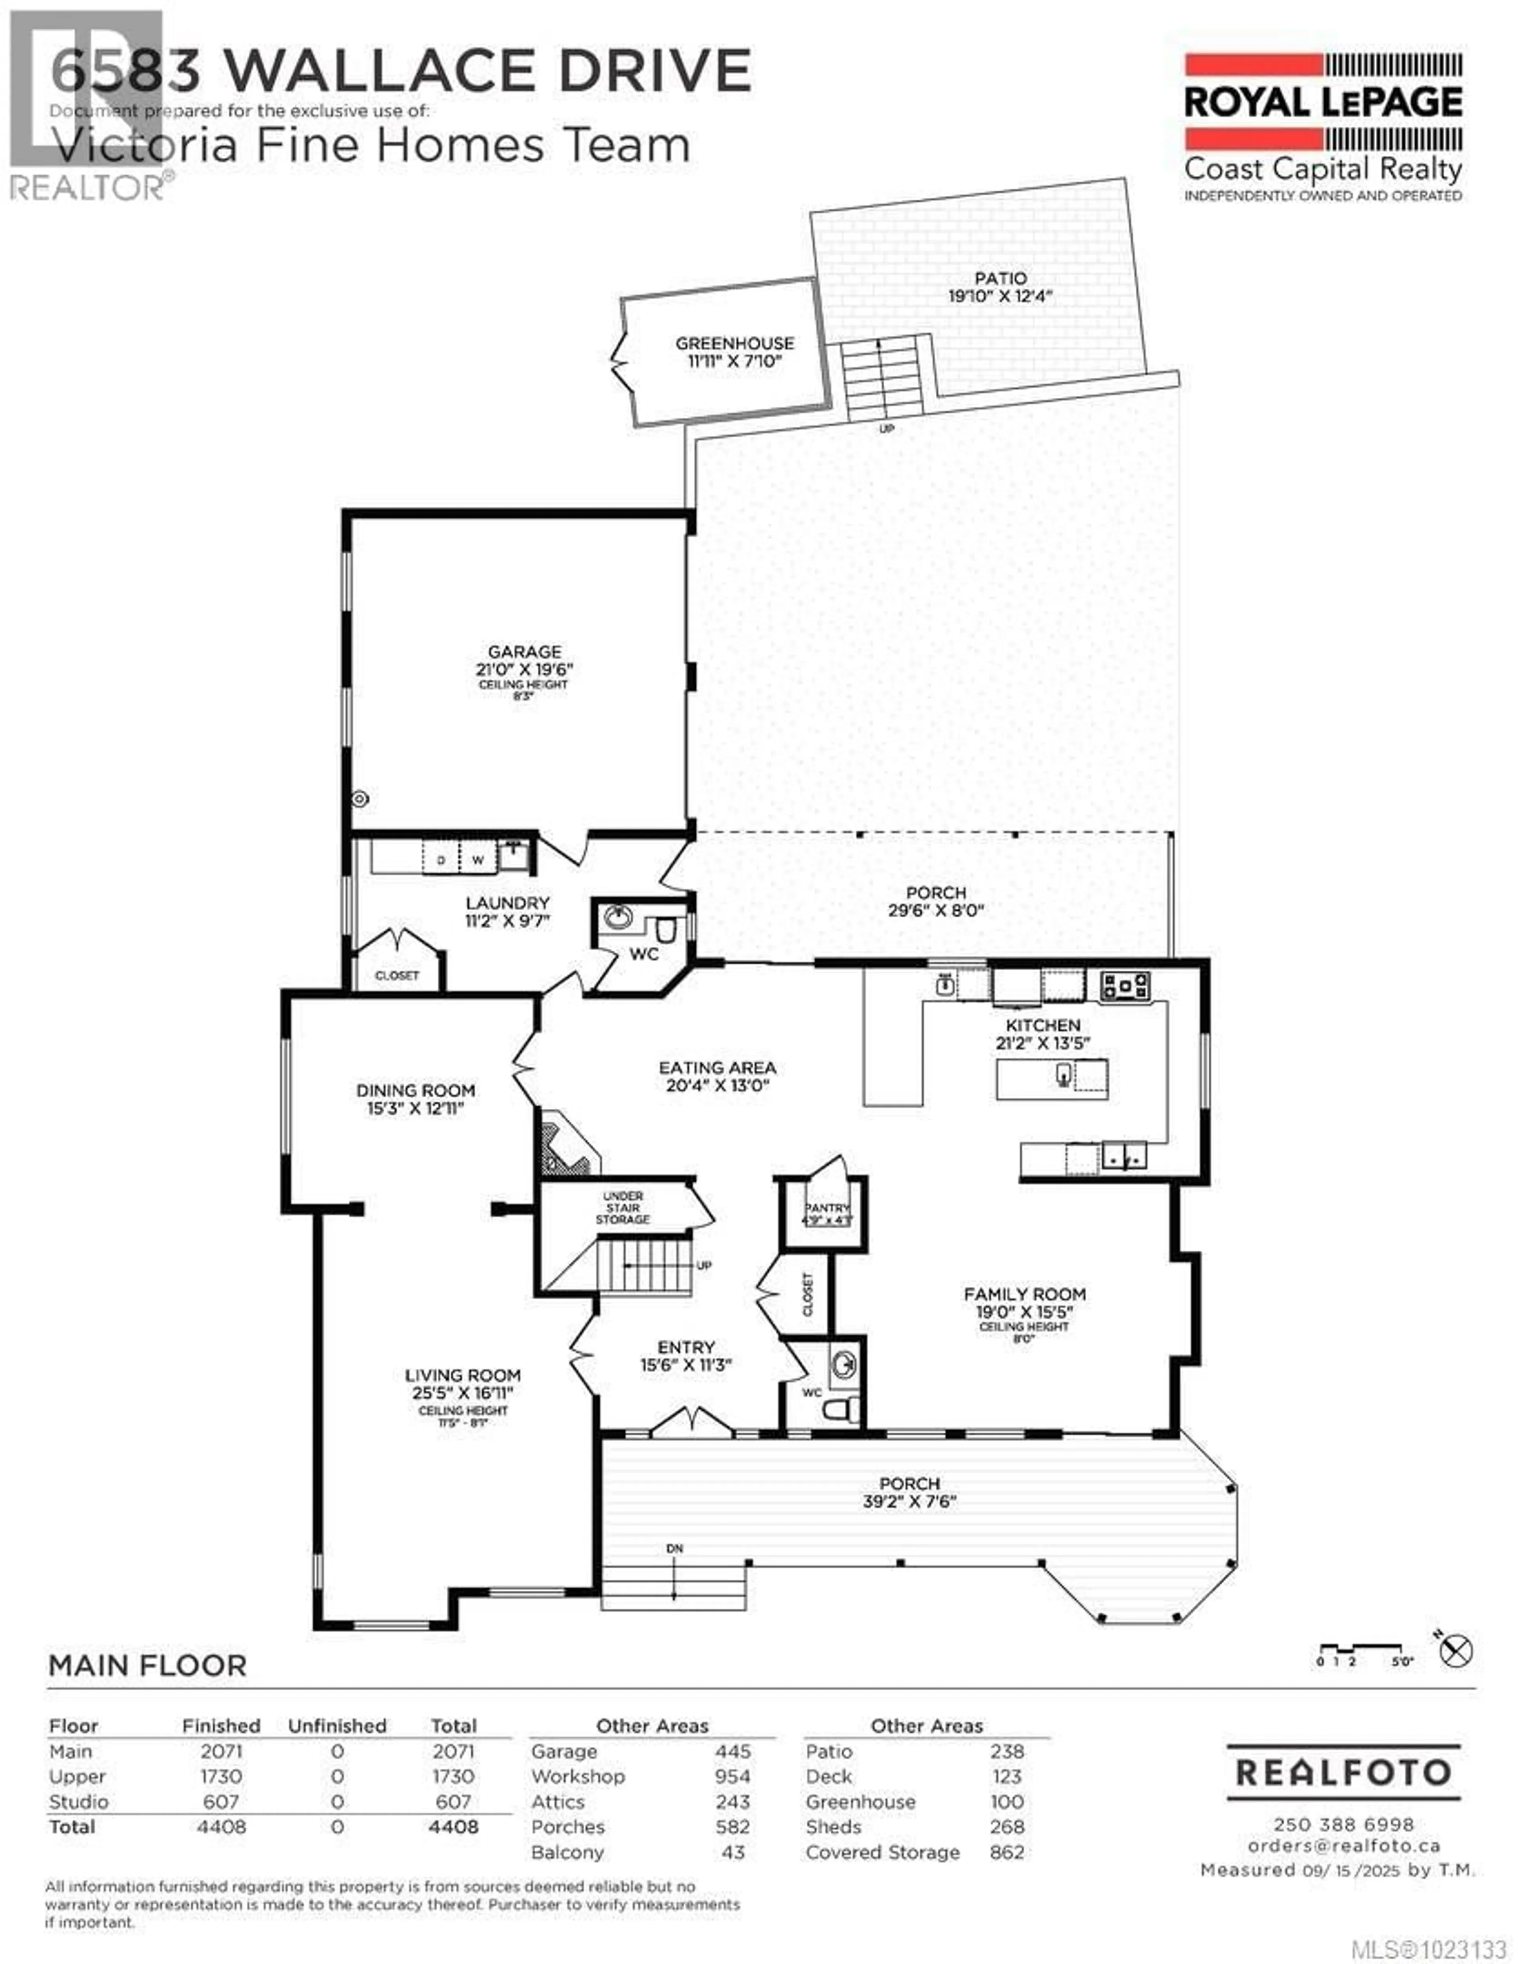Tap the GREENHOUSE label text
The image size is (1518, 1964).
pyautogui.click(x=735, y=344)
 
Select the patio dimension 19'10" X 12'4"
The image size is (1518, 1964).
pyautogui.click(x=1000, y=296)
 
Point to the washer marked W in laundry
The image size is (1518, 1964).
pyautogui.click(x=478, y=860)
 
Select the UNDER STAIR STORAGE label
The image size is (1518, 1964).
pyautogui.click(x=622, y=1208)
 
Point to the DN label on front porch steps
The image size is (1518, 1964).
pyautogui.click(x=674, y=1548)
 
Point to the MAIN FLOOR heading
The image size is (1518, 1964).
pyautogui.click(x=147, y=1665)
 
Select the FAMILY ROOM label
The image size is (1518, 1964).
pyautogui.click(x=1024, y=1294)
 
